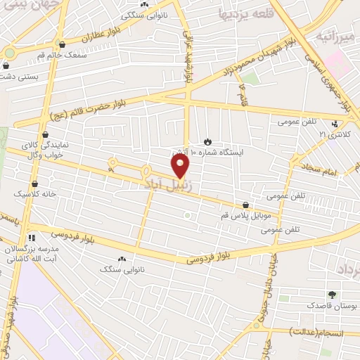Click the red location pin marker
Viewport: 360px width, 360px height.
click(x=181, y=167)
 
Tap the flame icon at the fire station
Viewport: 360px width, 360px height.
click(x=207, y=141)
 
